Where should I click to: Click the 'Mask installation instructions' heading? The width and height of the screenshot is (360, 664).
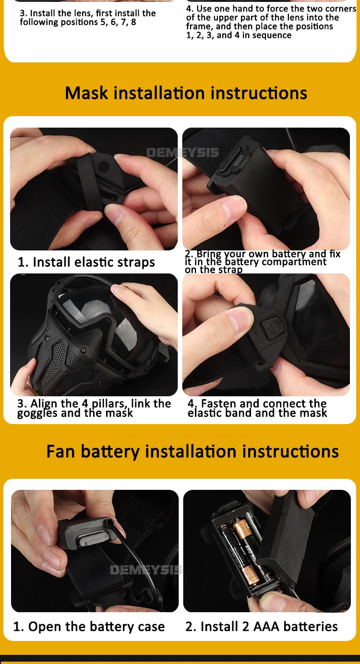[x=186, y=93]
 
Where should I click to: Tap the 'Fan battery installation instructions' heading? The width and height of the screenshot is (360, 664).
[x=192, y=451]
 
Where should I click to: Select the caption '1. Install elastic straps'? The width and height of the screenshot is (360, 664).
[x=86, y=262]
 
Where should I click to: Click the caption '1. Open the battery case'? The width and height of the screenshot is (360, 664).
[x=89, y=627]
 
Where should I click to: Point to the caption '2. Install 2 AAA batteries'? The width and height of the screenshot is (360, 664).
[x=262, y=627]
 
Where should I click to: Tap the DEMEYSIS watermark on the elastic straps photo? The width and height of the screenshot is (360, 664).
[x=183, y=153]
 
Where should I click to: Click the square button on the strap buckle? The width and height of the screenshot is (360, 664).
[x=271, y=328]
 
